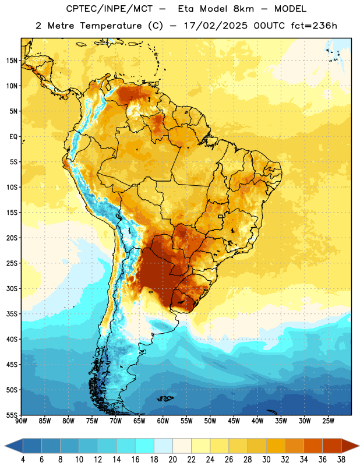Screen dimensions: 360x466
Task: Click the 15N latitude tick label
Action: pyautogui.click(x=12, y=61)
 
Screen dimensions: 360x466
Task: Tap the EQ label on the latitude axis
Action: pyautogui.click(x=13, y=137)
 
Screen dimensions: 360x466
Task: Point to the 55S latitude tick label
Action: pyautogui.click(x=12, y=415)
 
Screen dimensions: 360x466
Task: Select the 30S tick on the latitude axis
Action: pyautogui.click(x=12, y=288)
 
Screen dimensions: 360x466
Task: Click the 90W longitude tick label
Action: pyautogui.click(x=21, y=421)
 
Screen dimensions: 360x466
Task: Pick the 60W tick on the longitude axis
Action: pyautogui.click(x=163, y=421)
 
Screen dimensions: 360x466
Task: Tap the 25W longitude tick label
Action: pyautogui.click(x=328, y=421)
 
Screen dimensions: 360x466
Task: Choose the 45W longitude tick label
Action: pyautogui.click(x=234, y=421)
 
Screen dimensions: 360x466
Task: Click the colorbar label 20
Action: pyautogui.click(x=172, y=460)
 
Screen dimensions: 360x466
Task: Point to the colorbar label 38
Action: pyautogui.click(x=341, y=460)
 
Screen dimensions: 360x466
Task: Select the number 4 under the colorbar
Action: pyautogui.click(x=23, y=460)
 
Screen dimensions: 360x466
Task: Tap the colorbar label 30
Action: pyautogui.click(x=266, y=460)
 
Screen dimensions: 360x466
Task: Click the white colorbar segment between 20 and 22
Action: pyautogui.click(x=182, y=446)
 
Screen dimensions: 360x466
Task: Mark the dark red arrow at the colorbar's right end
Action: pyautogui.click(x=350, y=446)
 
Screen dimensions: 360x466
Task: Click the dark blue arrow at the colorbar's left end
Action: pyautogui.click(x=14, y=446)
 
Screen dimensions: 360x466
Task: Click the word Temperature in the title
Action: pyautogui.click(x=111, y=26)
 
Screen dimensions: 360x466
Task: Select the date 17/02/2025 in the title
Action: pyautogui.click(x=216, y=26)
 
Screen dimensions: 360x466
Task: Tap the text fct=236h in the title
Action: pyautogui.click(x=314, y=26)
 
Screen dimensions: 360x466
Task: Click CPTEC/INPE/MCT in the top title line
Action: pyautogui.click(x=110, y=9)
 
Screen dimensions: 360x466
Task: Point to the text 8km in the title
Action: pyautogui.click(x=243, y=9)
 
